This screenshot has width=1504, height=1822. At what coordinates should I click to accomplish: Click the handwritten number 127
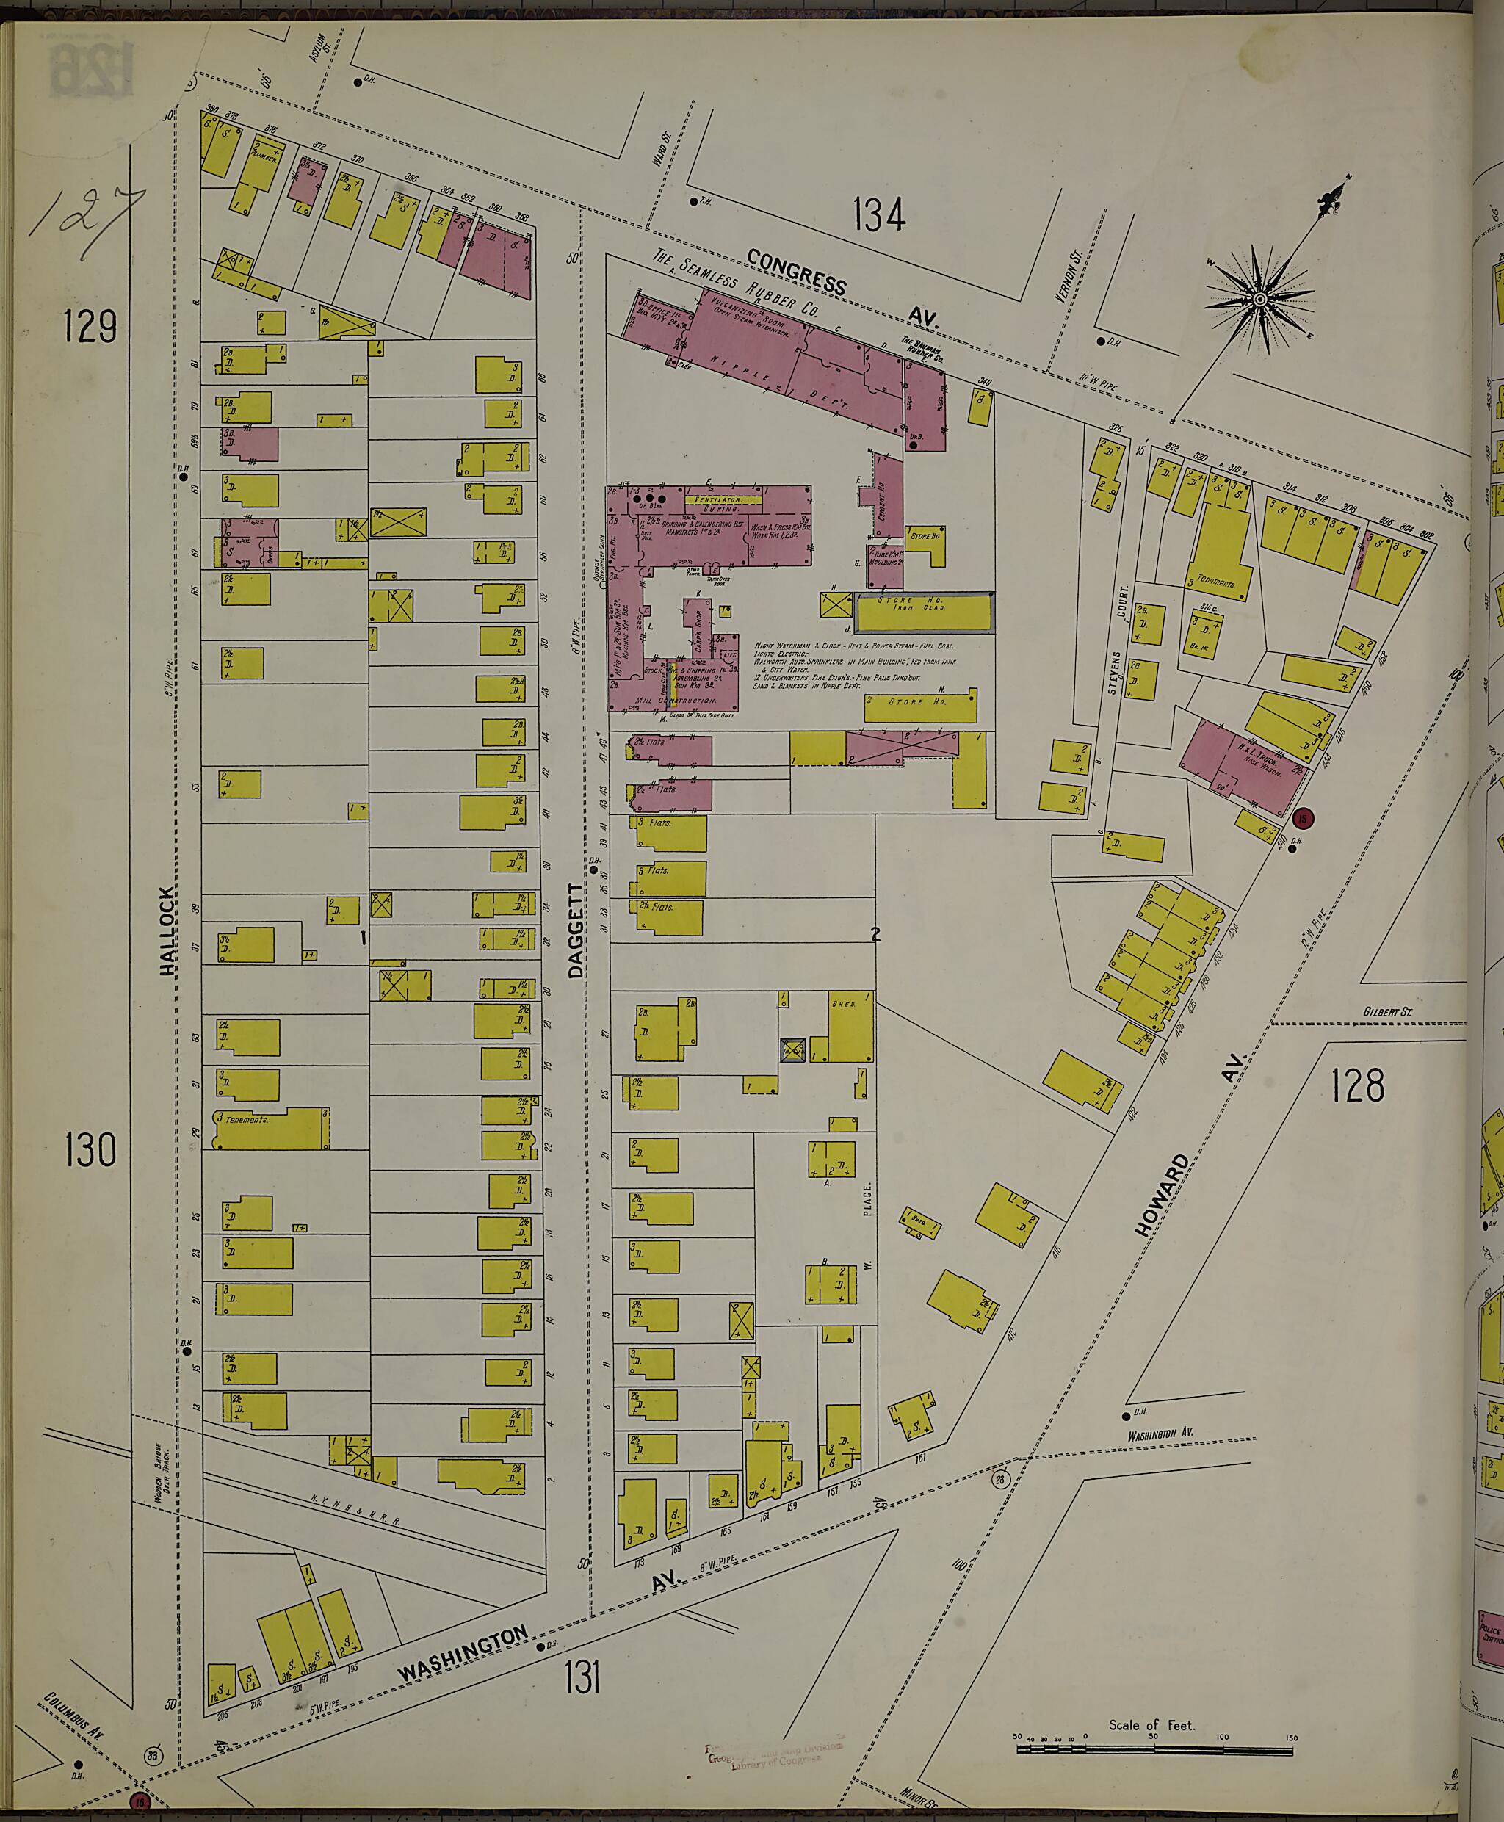click(87, 223)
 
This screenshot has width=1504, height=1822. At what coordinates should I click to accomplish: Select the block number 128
click(1358, 1085)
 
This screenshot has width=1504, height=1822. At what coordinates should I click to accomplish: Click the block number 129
click(90, 327)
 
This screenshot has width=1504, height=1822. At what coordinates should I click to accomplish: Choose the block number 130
click(90, 1151)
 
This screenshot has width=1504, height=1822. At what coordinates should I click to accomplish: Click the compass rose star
click(1260, 300)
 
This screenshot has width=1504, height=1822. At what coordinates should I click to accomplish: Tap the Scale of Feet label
click(1151, 1725)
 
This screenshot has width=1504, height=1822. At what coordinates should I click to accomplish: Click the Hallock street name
click(167, 930)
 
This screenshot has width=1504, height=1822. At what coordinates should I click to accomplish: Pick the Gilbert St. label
click(1387, 1011)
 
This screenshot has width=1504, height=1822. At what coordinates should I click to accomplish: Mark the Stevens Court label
click(1118, 641)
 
